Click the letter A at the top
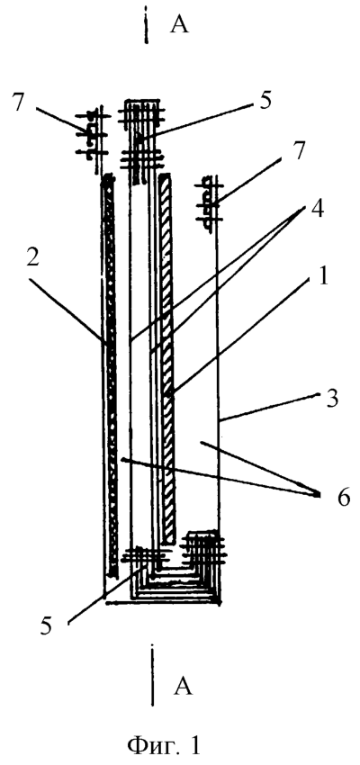click(179, 25)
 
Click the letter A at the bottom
click(183, 687)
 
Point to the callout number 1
click(310, 279)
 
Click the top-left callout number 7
click(19, 104)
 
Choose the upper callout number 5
click(265, 103)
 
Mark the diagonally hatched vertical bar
click(166, 358)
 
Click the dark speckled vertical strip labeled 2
click(111, 374)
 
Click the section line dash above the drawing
click(146, 25)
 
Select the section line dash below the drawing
click(153, 676)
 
